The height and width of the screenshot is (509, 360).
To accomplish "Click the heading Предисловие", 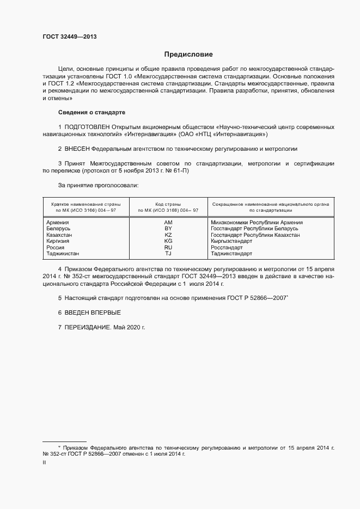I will pos(188,54).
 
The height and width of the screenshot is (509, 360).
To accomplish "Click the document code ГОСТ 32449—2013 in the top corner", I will pos(70,37).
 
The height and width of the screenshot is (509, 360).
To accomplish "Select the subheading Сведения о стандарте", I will pos(91,112).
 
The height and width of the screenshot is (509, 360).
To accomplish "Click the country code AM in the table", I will pos(168,223).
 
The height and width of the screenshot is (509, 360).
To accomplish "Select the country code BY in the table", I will pos(168,229).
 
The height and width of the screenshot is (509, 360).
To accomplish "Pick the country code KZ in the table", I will pos(168,235).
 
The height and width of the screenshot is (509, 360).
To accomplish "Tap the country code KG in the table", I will pos(168,241).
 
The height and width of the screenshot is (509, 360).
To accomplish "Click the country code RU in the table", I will pos(168,247).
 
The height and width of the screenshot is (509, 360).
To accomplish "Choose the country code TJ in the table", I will pos(168,253).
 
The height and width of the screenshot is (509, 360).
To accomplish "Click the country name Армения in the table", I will pos(58,223).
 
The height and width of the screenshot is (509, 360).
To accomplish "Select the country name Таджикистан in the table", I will pos(63,253).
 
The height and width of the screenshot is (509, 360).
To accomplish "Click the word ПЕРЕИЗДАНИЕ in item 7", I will pos(88,327).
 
